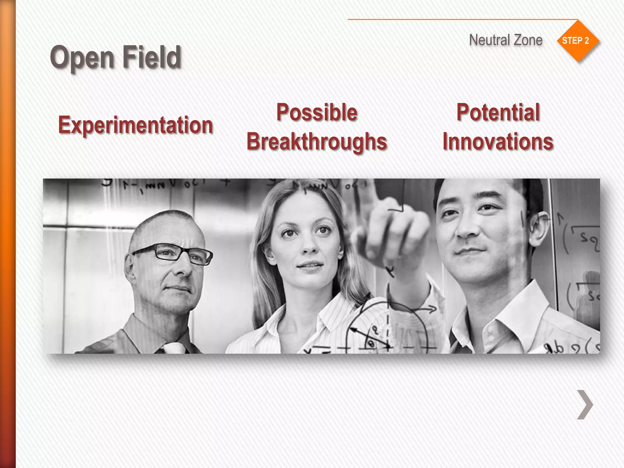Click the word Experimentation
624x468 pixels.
135,125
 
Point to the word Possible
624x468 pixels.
317,112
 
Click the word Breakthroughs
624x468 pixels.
317,142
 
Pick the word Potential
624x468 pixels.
498,112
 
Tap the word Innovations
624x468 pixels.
498,142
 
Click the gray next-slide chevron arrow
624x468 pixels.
585,405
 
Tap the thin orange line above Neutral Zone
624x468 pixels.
457,19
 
